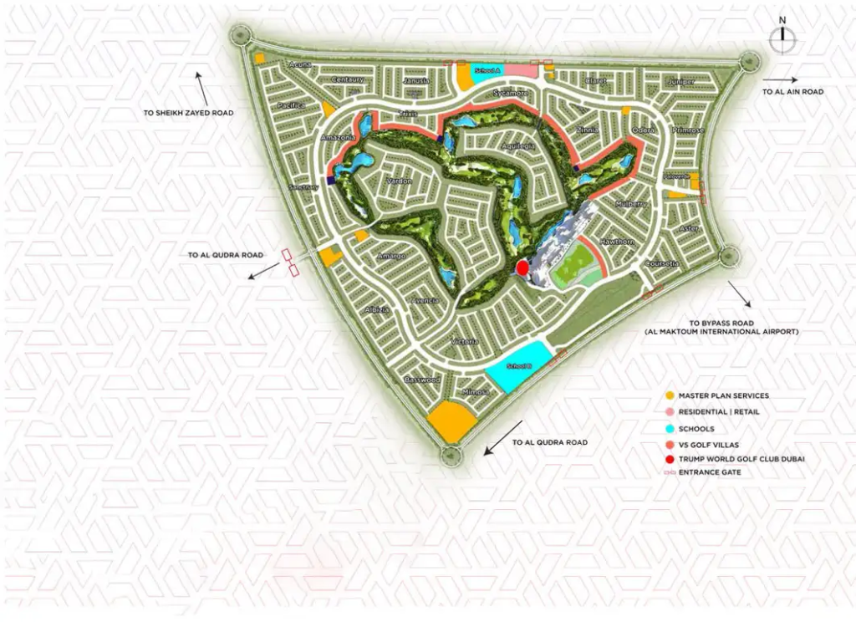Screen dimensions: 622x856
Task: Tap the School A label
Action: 487,71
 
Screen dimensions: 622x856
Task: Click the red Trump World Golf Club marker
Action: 522,268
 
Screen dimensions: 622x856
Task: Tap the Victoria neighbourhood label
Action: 464,341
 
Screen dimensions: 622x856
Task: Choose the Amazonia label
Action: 337,137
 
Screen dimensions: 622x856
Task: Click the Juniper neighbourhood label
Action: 681,82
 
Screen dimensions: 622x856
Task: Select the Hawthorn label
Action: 619,241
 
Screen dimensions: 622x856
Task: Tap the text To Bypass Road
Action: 721,322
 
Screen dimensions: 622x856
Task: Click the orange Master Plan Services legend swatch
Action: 670,395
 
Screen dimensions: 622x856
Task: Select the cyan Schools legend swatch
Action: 670,427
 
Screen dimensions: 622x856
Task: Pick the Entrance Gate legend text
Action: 710,473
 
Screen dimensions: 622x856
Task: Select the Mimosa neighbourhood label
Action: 475,391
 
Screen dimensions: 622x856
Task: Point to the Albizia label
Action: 377,309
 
